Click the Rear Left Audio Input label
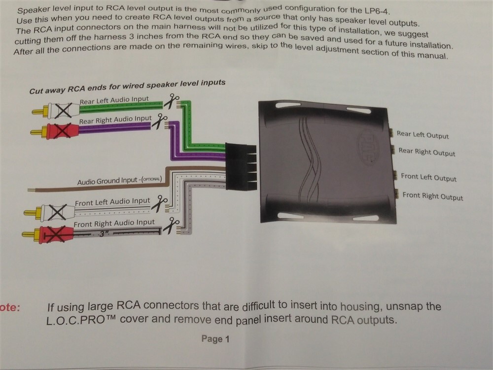pyautogui.click(x=114, y=100)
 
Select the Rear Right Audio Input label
pyautogui.click(x=115, y=120)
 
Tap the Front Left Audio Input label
pyautogui.click(x=112, y=202)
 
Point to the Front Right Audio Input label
pyautogui.click(x=114, y=223)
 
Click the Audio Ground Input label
pyautogui.click(x=119, y=181)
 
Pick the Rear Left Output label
pyautogui.click(x=423, y=135)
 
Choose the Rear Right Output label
pyautogui.click(x=426, y=152)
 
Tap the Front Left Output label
pyautogui.click(x=428, y=178)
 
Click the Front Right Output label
pyautogui.click(x=433, y=196)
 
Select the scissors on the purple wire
pyautogui.click(x=159, y=122)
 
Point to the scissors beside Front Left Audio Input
pyautogui.click(x=159, y=203)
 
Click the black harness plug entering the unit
pyautogui.click(x=241, y=167)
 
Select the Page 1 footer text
pyautogui.click(x=215, y=339)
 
